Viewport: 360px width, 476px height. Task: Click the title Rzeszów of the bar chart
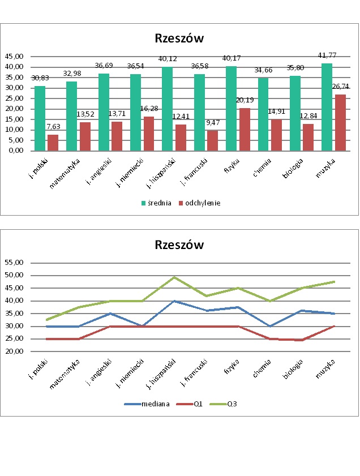179,38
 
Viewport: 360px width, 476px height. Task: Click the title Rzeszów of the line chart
179,245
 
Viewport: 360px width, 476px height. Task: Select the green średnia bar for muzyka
327,107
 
